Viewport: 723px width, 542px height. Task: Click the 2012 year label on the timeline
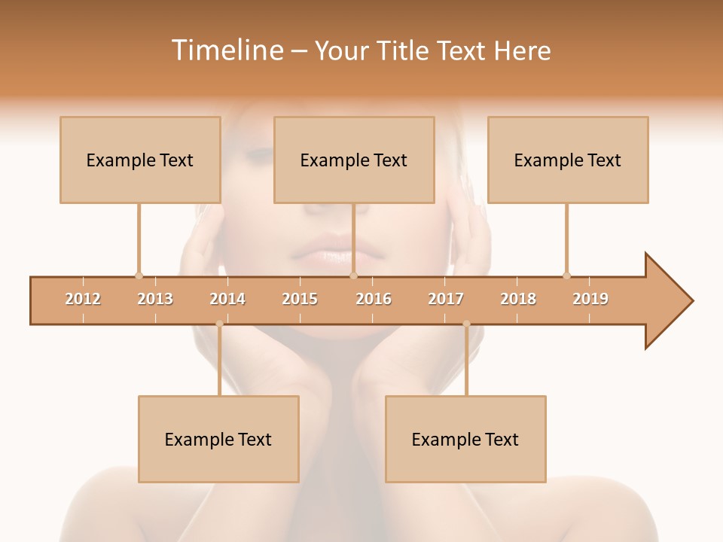coord(83,299)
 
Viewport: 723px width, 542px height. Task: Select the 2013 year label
coord(155,299)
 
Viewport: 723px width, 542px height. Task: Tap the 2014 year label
coord(227,299)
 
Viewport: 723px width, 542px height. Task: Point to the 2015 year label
coord(300,299)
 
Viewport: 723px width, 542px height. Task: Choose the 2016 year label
coord(374,299)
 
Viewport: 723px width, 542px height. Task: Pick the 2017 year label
coord(446,299)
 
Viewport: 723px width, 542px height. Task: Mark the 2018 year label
coord(518,299)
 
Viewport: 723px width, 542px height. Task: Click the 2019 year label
coord(590,299)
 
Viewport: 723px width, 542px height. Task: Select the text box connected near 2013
coord(140,160)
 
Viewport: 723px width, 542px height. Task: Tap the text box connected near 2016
coord(354,160)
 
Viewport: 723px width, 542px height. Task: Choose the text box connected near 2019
coord(568,160)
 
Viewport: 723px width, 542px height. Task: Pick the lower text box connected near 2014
coord(218,439)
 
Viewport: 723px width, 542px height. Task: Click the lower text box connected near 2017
coord(465,439)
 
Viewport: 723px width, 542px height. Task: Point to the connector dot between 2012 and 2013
coord(139,276)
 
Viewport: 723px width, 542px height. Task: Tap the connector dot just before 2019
coord(566,276)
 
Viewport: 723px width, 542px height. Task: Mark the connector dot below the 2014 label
coord(219,324)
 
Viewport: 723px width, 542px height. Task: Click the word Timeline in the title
coord(226,50)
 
